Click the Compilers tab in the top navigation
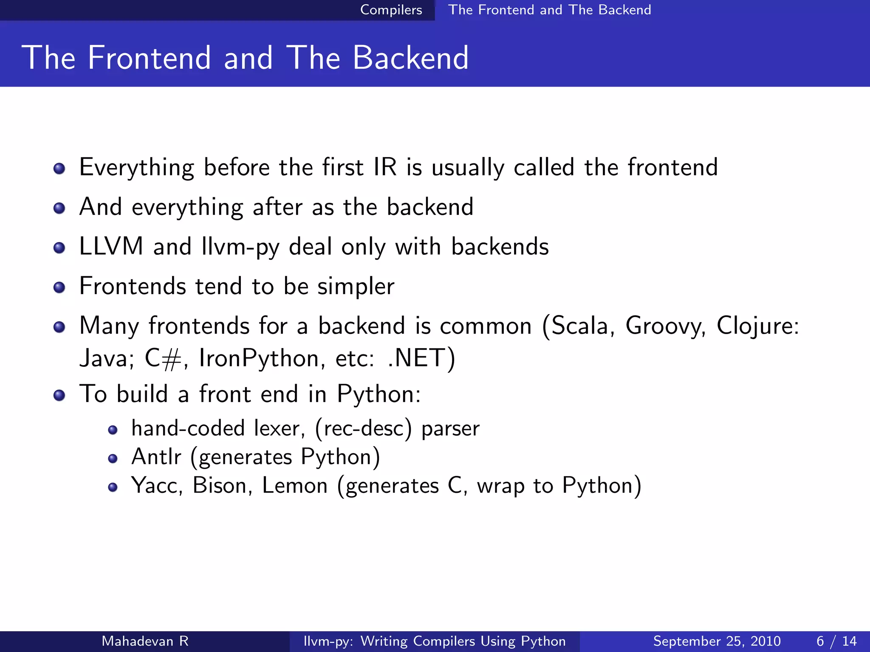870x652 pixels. pos(391,10)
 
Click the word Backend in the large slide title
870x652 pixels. pos(410,58)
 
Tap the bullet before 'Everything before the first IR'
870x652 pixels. pos(59,169)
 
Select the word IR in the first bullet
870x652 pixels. pos(385,167)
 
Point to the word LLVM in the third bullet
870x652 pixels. pos(111,247)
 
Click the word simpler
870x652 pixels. pos(356,287)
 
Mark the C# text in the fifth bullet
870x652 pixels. pos(163,359)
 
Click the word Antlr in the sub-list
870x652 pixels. pos(156,457)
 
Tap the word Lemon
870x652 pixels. pos(295,486)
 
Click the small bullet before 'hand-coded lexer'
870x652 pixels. pos(113,430)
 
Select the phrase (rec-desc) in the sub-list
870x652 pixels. pos(363,428)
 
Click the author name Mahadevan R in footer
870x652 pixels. pos(145,641)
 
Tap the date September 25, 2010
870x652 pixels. pos(717,641)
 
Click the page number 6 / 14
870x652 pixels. pos(836,641)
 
